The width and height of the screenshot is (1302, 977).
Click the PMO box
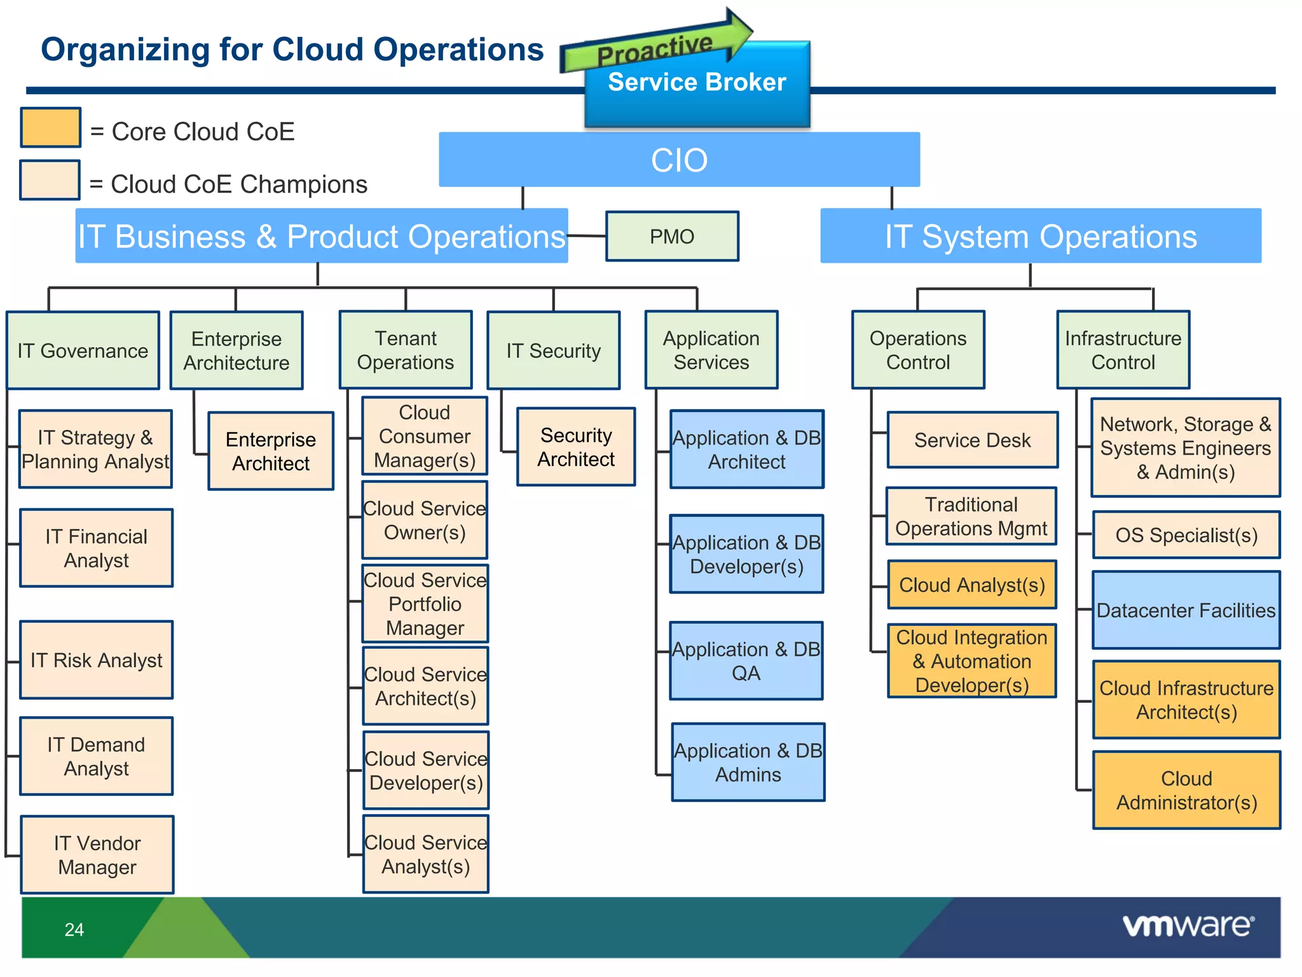tap(672, 237)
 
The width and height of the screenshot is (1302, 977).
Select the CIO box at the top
tap(679, 160)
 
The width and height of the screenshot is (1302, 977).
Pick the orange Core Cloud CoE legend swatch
tap(50, 127)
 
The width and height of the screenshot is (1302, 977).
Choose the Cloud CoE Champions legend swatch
tap(50, 180)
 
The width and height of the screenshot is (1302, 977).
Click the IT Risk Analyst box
tap(97, 660)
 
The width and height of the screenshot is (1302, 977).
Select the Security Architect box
tap(576, 447)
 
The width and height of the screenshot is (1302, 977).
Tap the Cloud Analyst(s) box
tap(971, 585)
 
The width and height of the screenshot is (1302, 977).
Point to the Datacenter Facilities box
tap(1186, 610)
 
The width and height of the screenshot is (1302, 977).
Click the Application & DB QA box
tap(746, 661)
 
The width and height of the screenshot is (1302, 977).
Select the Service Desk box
tap(972, 440)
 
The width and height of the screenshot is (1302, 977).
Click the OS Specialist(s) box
tap(1186, 535)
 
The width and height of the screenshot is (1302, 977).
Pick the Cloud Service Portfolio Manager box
tap(425, 604)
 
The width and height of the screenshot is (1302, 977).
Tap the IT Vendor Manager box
tap(97, 855)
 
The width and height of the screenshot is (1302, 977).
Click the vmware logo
tap(1188, 925)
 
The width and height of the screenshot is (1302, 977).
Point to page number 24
tap(74, 929)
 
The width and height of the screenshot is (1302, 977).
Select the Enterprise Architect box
tap(271, 451)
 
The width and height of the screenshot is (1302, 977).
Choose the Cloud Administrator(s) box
tap(1186, 790)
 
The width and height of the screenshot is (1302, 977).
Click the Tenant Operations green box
tap(406, 350)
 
